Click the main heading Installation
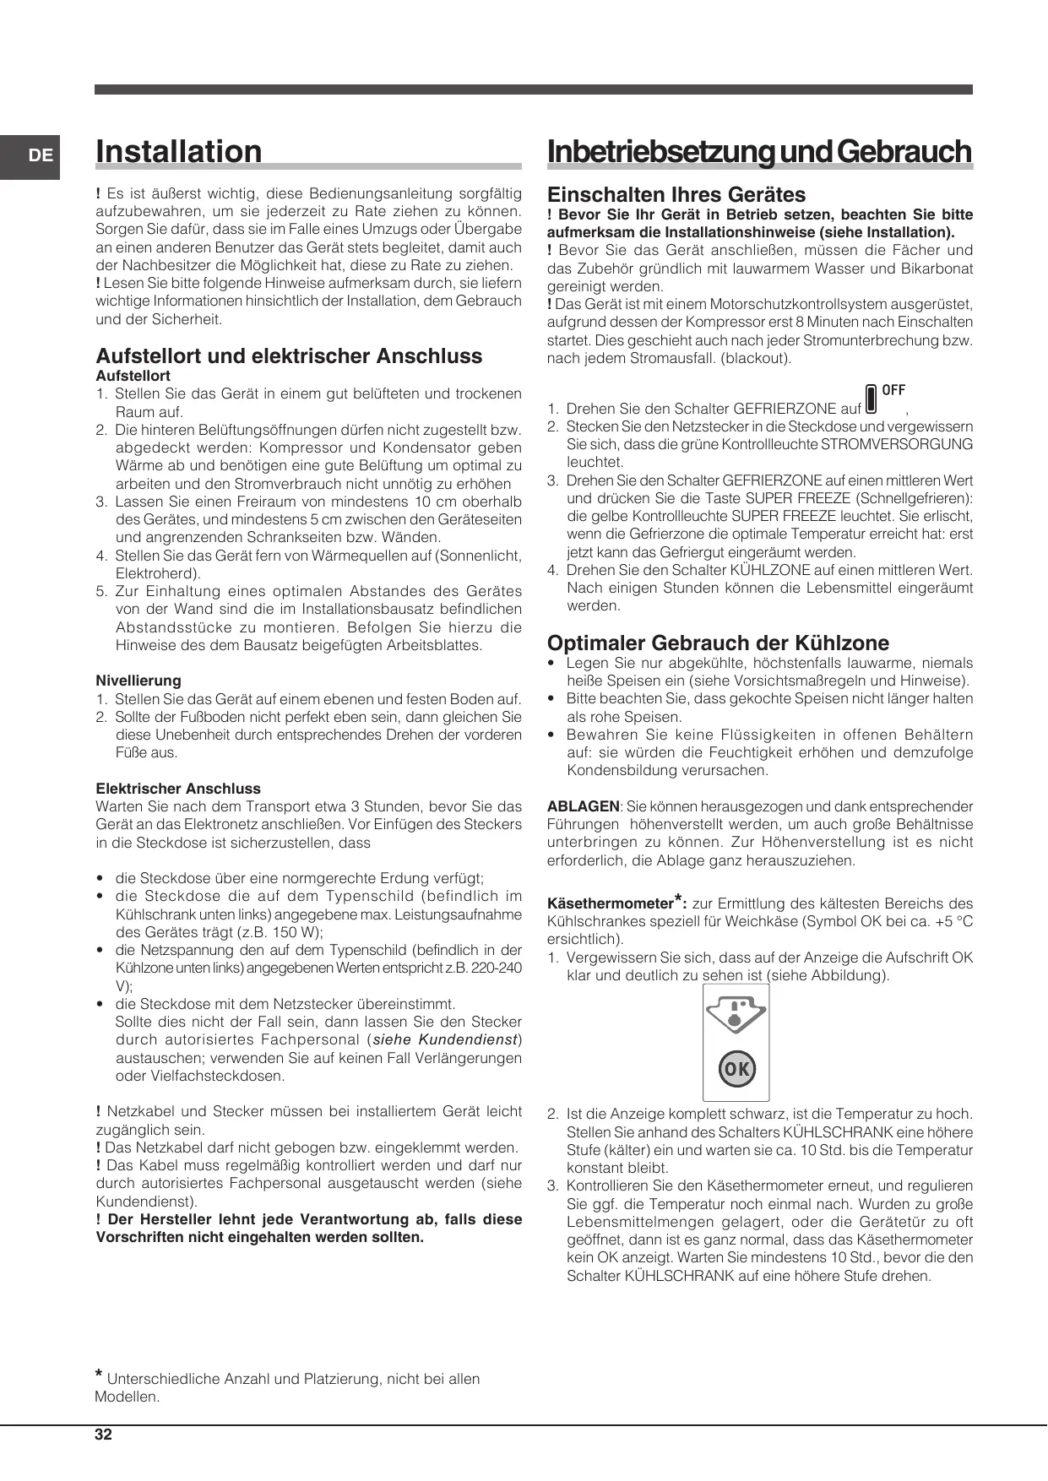pyautogui.click(x=179, y=152)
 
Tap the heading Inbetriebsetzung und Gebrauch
pyautogui.click(x=759, y=152)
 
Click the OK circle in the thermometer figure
pyautogui.click(x=736, y=1069)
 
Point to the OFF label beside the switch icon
pyautogui.click(x=893, y=390)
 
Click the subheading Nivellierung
pyautogui.click(x=138, y=681)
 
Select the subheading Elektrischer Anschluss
pyautogui.click(x=178, y=789)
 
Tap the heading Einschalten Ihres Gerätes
pyautogui.click(x=676, y=195)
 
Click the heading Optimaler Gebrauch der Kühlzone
pyautogui.click(x=718, y=643)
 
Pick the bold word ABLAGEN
pyautogui.click(x=583, y=806)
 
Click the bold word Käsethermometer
pyautogui.click(x=610, y=903)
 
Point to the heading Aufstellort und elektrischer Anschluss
pyautogui.click(x=289, y=356)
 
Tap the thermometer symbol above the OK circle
pyautogui.click(x=736, y=1013)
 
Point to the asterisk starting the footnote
pyautogui.click(x=100, y=1375)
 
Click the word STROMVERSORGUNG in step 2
pyautogui.click(x=897, y=444)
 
